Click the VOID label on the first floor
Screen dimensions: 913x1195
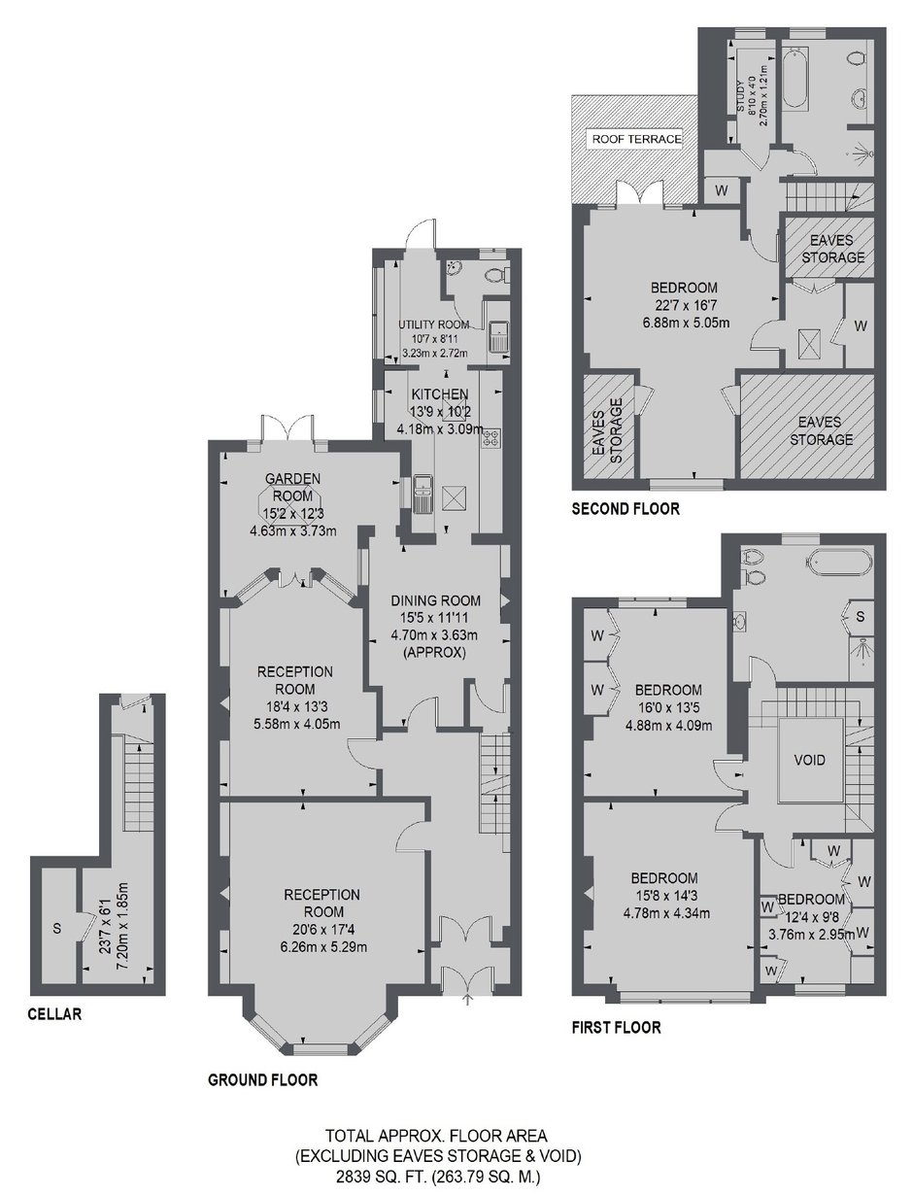point(810,760)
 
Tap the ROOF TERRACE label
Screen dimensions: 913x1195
point(636,139)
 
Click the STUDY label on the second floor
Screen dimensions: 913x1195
point(740,96)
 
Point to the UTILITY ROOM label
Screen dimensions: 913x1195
point(433,324)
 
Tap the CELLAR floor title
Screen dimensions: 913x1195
point(54,1013)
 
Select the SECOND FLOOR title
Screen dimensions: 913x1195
point(626,509)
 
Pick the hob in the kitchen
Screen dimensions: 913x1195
point(490,438)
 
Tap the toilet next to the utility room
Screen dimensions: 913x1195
point(497,276)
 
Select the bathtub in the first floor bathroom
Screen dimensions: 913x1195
point(840,562)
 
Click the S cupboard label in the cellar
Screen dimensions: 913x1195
point(57,928)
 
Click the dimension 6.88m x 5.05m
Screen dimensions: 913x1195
point(686,323)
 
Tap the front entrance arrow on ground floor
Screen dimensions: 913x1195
point(467,1000)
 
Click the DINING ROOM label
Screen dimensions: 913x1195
point(436,600)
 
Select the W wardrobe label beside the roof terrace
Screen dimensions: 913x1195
point(721,190)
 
